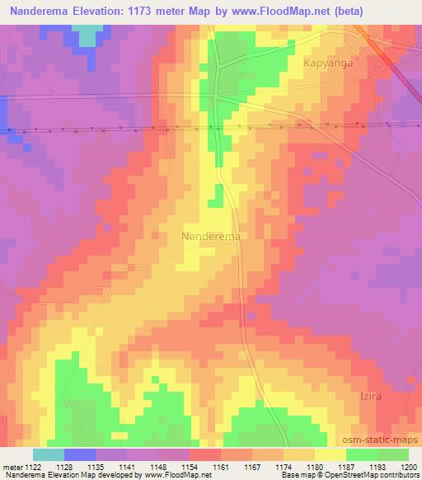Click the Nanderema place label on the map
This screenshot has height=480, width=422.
(211, 236)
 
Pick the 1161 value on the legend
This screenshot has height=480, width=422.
(220, 466)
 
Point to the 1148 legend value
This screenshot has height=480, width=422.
(157, 466)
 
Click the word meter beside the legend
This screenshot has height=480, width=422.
(12, 466)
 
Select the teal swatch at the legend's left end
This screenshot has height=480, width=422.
(49, 454)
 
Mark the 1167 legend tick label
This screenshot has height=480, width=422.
(251, 466)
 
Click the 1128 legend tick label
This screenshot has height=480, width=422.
(63, 466)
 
